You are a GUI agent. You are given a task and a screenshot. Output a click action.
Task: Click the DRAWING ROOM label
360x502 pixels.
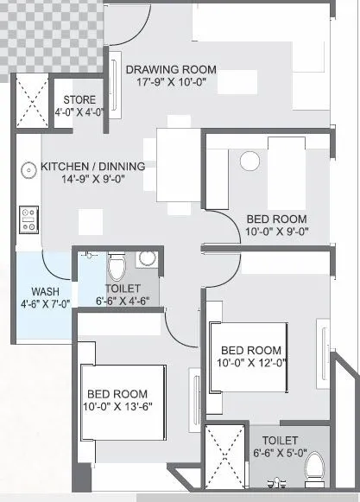[x=171, y=69]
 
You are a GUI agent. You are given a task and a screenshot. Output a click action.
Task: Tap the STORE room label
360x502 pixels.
[x=80, y=100]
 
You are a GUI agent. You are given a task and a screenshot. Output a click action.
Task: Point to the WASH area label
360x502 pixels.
[x=45, y=291]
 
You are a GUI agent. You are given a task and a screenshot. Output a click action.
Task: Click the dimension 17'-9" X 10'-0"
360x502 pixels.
[x=171, y=82]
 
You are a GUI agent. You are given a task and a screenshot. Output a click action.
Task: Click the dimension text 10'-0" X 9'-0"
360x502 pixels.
[x=277, y=231]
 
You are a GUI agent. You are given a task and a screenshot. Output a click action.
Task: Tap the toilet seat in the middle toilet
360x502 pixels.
[x=118, y=264]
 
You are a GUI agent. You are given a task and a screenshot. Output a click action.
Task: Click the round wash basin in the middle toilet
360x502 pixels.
[x=146, y=257]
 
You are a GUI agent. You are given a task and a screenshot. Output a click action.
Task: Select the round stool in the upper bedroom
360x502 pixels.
[x=250, y=162]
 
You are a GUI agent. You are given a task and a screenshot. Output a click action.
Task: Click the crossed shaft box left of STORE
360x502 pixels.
[x=32, y=101]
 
